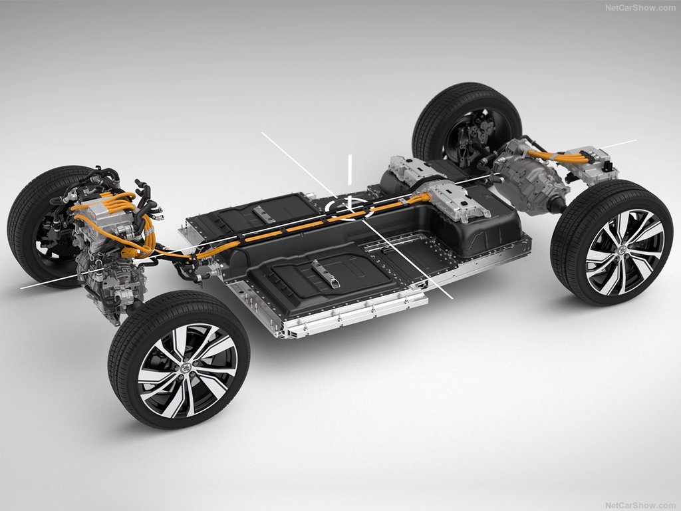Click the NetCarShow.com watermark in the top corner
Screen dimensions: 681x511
click(x=640, y=7)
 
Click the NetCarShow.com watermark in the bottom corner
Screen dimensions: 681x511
click(x=640, y=505)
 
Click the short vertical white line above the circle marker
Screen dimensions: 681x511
click(x=349, y=169)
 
